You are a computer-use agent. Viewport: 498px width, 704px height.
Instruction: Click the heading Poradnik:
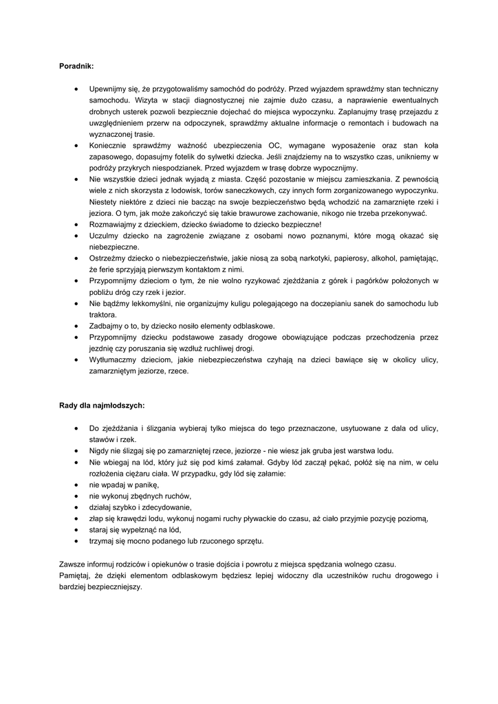[x=76, y=67]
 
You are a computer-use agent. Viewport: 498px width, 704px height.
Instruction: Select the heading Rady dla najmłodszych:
[x=102, y=405]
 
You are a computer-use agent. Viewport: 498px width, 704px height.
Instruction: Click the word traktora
[x=103, y=314]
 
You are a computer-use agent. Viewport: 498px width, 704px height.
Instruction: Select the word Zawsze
[x=74, y=563]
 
